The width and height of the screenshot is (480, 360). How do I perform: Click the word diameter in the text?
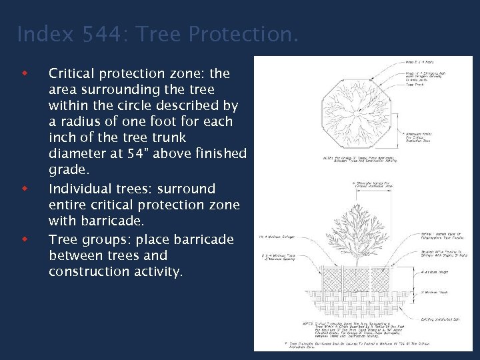pos(77,154)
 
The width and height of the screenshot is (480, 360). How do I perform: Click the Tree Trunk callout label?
pos(413,84)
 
